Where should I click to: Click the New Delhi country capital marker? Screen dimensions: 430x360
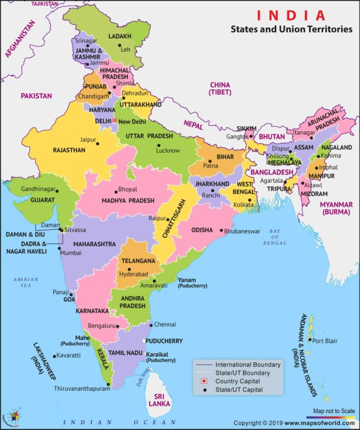pyautogui.click(x=115, y=121)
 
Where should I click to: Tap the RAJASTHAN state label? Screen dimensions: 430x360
pyautogui.click(x=70, y=150)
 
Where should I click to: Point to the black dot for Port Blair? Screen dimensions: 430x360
pyautogui.click(x=309, y=340)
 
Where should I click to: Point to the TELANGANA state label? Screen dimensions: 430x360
pyautogui.click(x=139, y=261)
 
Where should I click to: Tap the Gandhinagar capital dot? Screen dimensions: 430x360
pyautogui.click(x=57, y=190)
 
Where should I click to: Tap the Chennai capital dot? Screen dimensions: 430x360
pyautogui.click(x=151, y=324)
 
